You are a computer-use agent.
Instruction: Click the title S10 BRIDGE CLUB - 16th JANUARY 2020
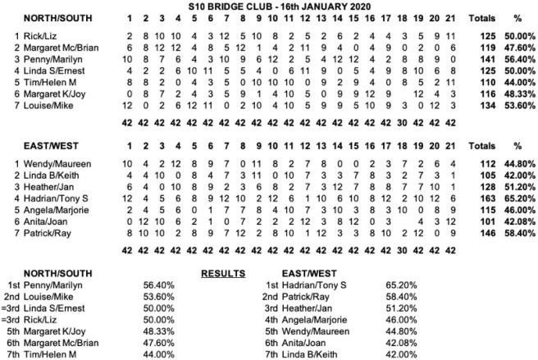pos(268,5)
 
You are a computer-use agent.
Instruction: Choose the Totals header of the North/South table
pos(481,17)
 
